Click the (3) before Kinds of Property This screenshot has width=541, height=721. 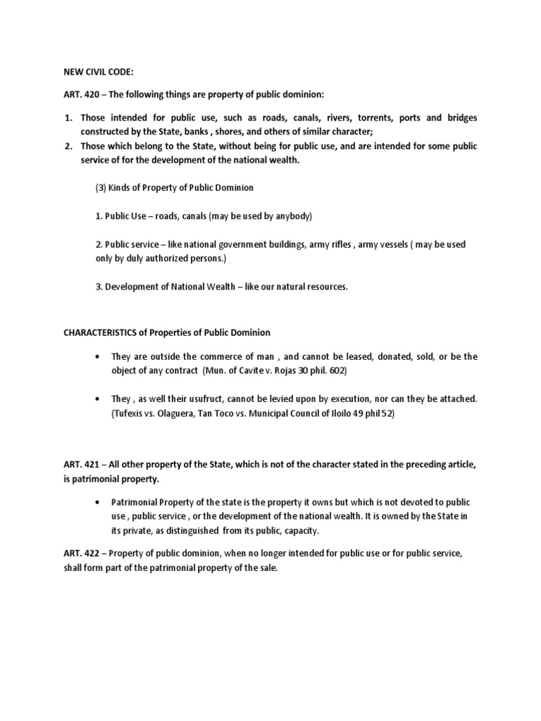coord(101,188)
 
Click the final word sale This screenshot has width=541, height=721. coord(267,568)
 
